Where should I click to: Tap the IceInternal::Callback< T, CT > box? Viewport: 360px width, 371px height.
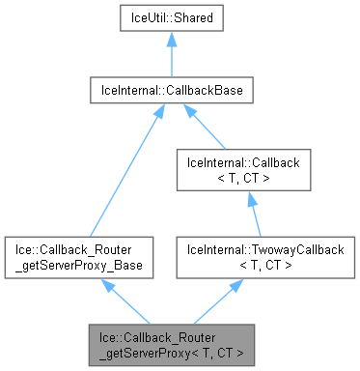[x=249, y=172]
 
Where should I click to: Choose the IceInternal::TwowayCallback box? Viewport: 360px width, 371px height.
[x=249, y=256]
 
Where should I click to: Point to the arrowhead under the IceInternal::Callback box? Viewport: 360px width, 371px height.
[x=249, y=199]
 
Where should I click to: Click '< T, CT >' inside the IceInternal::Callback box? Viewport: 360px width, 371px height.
[x=249, y=180]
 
